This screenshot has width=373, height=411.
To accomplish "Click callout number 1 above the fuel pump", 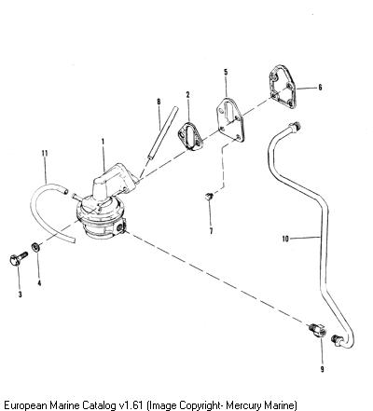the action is tap(103, 142).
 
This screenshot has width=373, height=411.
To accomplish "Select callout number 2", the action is tap(187, 94).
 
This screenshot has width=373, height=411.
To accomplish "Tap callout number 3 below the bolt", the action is tap(20, 295).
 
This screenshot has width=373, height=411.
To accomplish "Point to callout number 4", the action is tap(39, 283).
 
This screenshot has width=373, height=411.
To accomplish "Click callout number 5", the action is tap(226, 72).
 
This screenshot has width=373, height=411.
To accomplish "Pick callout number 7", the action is tap(211, 231).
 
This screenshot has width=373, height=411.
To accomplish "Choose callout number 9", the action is tap(322, 369).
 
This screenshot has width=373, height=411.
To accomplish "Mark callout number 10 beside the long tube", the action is tap(285, 239).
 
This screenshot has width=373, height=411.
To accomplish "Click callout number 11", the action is tap(45, 153).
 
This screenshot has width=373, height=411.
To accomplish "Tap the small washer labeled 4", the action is tap(35, 247).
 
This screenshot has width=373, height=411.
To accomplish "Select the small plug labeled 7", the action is tap(209, 196).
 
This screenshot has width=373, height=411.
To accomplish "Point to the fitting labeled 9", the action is tap(318, 331).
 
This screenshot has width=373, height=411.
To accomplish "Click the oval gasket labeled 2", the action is tap(190, 137).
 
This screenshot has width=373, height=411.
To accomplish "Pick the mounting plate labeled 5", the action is tap(230, 119).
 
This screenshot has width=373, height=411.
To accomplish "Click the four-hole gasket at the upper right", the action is tap(283, 87).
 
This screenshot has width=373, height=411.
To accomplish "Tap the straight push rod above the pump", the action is tap(162, 133).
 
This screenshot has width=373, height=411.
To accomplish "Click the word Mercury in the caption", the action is tap(243, 405).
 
